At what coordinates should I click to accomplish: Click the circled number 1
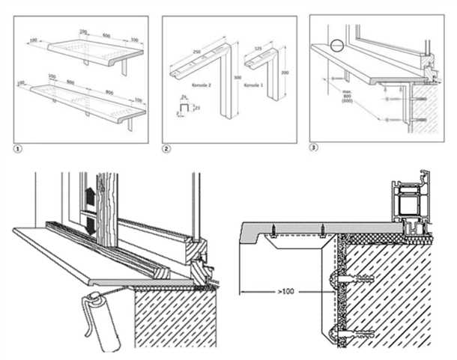point(16,148)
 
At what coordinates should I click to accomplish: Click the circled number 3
point(315,147)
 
